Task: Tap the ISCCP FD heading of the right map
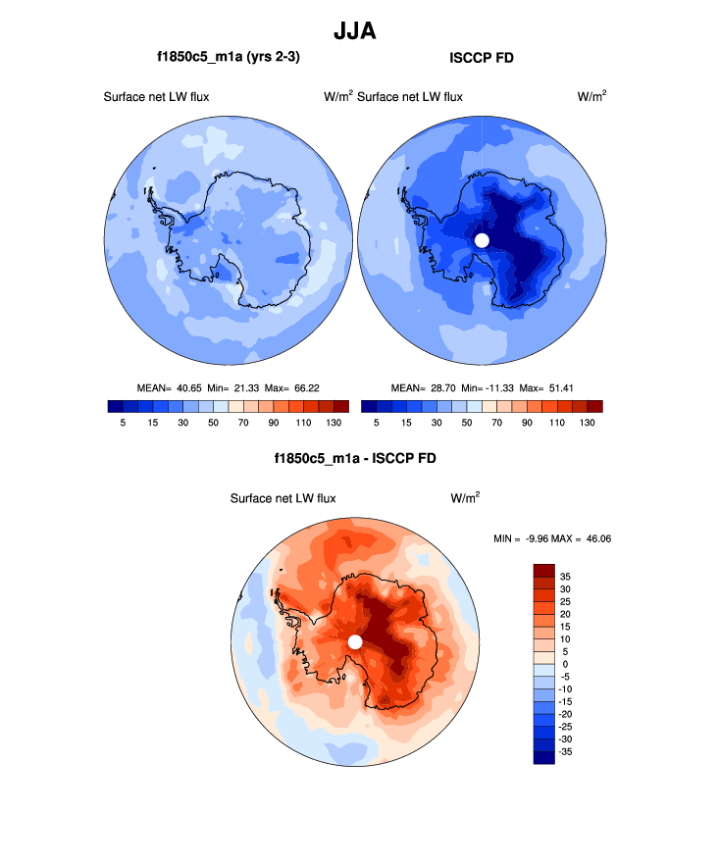(x=481, y=58)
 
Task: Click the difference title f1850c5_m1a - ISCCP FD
(x=355, y=458)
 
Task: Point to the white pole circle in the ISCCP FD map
(x=482, y=240)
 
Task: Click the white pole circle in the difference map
(x=355, y=641)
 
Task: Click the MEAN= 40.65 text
(x=174, y=387)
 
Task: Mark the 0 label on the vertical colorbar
(x=563, y=664)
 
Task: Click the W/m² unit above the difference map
(x=465, y=497)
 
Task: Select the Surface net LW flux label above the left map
(x=156, y=96)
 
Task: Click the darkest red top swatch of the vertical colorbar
(x=544, y=570)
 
